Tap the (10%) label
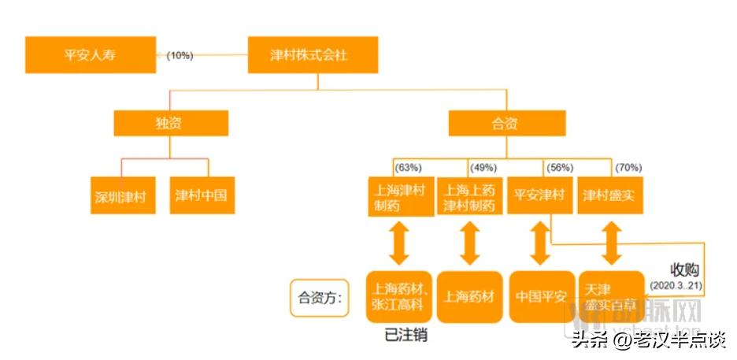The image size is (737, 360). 180,55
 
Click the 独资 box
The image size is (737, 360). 171,123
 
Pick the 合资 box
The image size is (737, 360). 507,123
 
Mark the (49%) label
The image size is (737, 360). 483,168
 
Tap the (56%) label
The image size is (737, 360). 560,168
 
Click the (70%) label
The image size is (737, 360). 628,168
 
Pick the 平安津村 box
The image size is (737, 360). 540,195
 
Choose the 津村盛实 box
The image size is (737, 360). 611,195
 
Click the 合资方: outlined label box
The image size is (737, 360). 320,298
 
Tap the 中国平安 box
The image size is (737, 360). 540,296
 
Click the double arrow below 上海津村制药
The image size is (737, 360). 400,243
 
